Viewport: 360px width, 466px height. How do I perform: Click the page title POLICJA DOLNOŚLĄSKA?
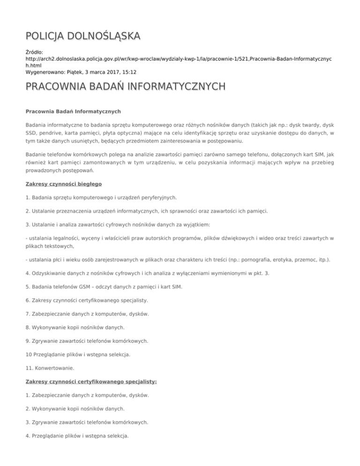pos(82,36)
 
